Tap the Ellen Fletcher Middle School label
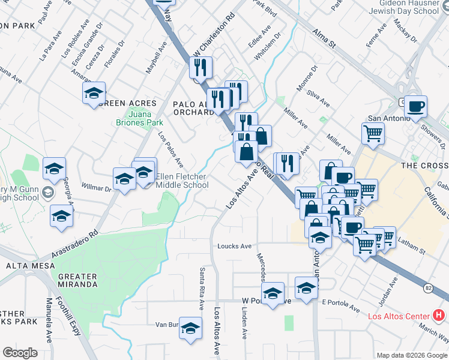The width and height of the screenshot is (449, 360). coord(182,181)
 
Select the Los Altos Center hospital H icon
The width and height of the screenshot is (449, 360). coord(439,315)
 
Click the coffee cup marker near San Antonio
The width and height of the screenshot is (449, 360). coord(415,108)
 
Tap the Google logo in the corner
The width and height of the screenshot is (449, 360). coord(20,353)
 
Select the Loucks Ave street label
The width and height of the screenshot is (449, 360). coord(234,246)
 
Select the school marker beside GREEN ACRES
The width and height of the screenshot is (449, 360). coord(94,94)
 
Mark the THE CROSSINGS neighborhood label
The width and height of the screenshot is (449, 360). coord(424,166)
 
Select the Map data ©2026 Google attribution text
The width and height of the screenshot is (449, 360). coord(412,355)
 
